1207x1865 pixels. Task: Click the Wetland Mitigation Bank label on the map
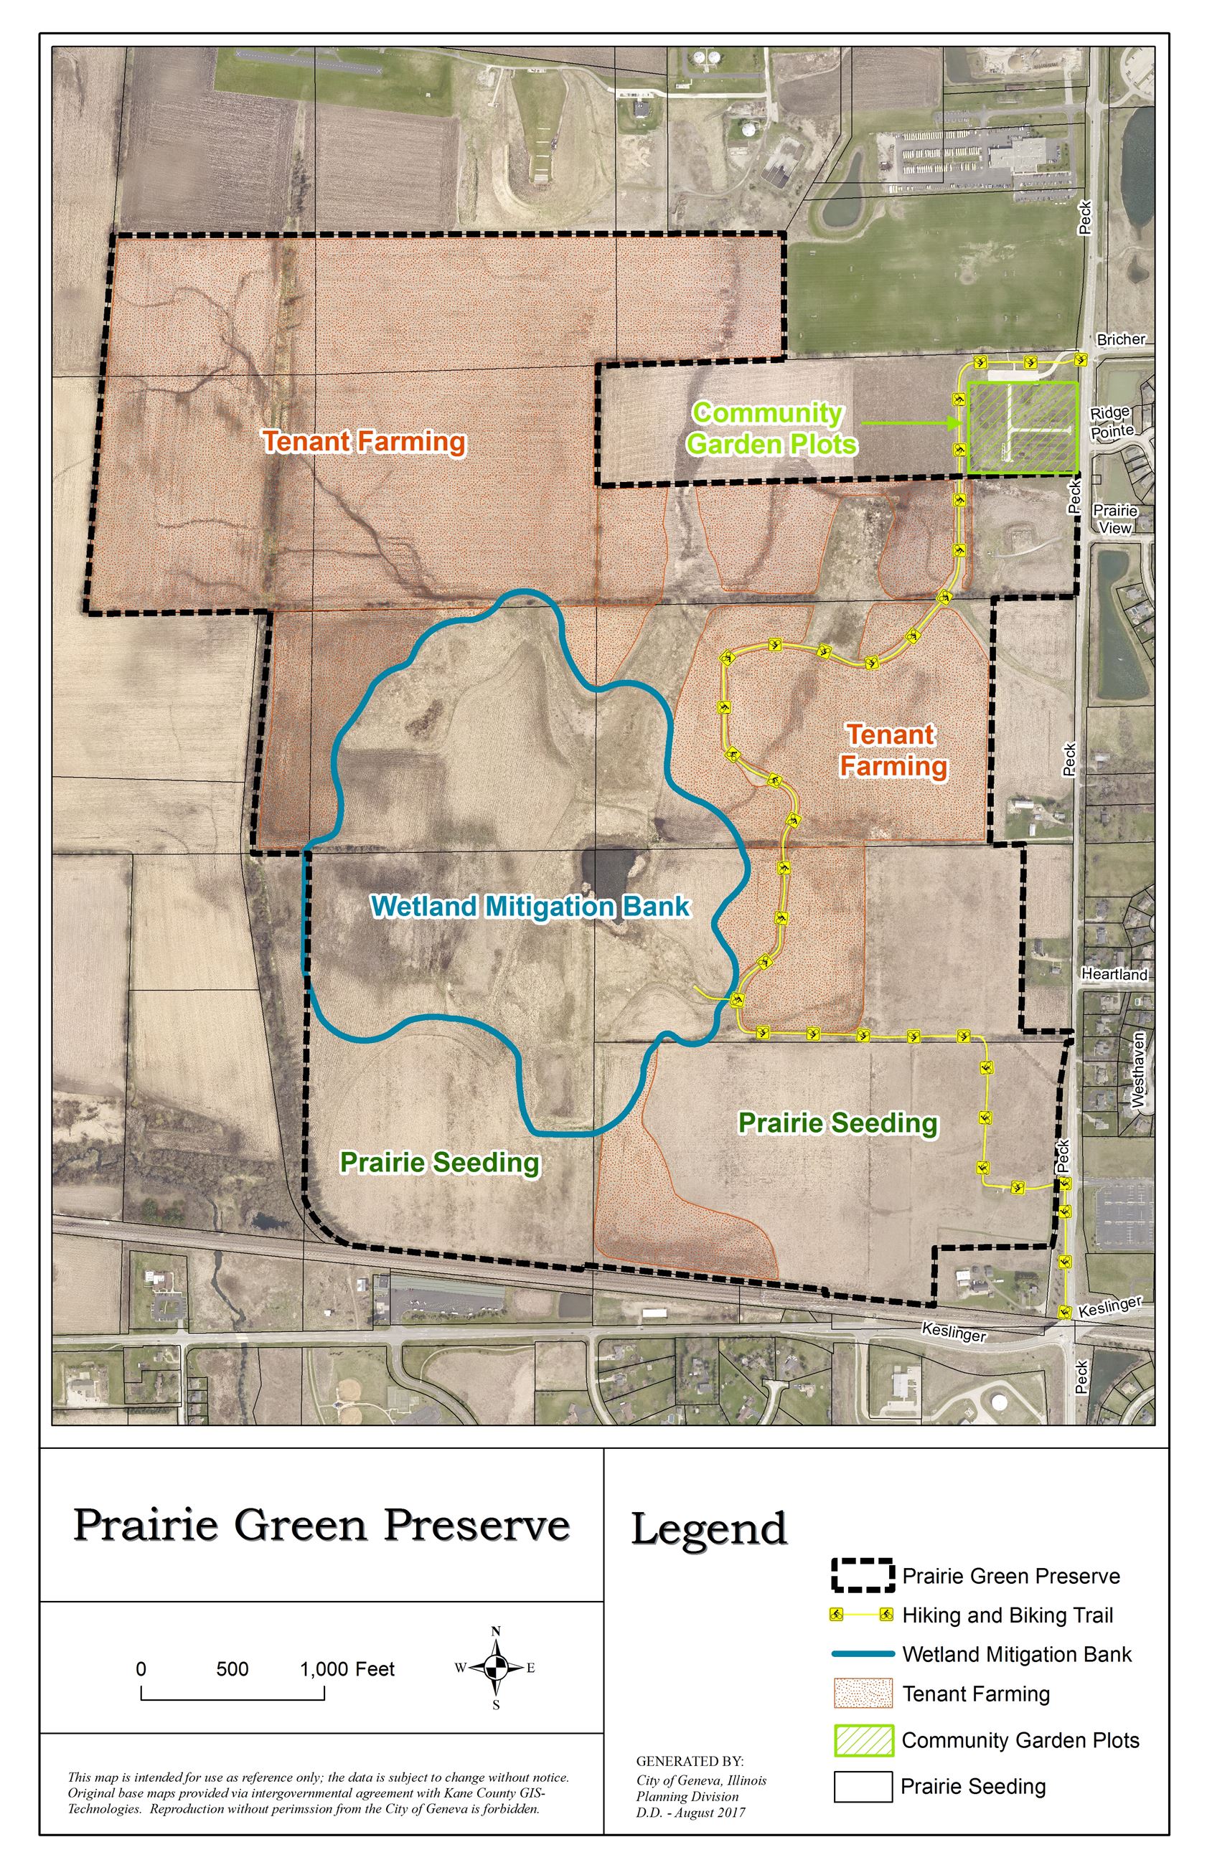coord(530,906)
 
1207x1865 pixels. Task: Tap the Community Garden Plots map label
coord(771,428)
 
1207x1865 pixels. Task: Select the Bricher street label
coord(1121,339)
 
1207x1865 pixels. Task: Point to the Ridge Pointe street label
coord(1112,421)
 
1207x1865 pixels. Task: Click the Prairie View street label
coord(1115,519)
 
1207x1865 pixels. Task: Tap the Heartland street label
coord(1114,974)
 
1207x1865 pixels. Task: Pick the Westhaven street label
coord(1138,1070)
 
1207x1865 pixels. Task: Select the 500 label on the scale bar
coord(232,1668)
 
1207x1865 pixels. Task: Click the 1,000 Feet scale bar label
coord(347,1668)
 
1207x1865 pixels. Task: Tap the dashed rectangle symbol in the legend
coord(863,1575)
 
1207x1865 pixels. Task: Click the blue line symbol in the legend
coord(863,1653)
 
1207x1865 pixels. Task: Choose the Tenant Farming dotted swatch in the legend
coord(863,1693)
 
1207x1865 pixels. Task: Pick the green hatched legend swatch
coord(863,1739)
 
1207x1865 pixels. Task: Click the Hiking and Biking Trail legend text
coord(1007,1615)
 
